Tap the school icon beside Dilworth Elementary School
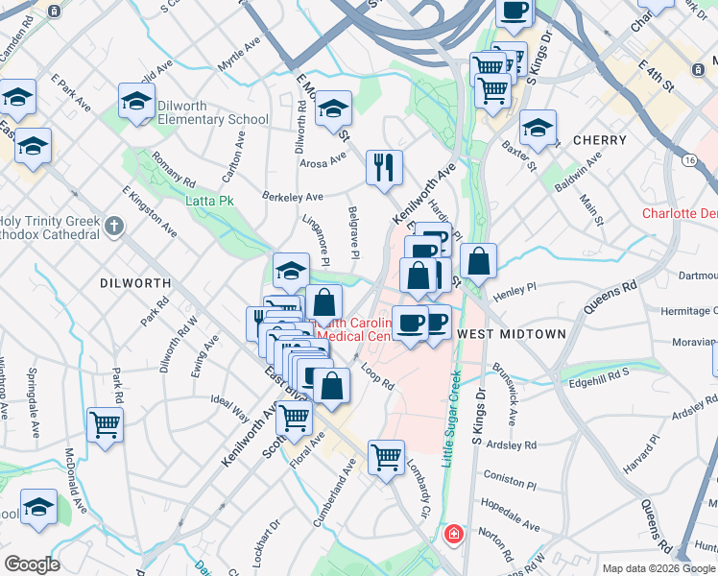pyautogui.click(x=137, y=102)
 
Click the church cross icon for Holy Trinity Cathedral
pyautogui.click(x=114, y=227)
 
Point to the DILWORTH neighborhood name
pyautogui.click(x=135, y=283)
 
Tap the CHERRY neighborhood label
pyautogui.click(x=599, y=140)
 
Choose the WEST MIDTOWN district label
pyautogui.click(x=510, y=333)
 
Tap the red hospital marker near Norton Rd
pyautogui.click(x=452, y=534)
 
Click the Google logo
pyautogui.click(x=32, y=564)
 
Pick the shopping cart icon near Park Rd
pyautogui.click(x=105, y=424)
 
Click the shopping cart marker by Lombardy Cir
pyautogui.click(x=386, y=457)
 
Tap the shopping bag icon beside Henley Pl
pyautogui.click(x=478, y=259)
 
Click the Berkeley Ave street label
pyautogui.click(x=293, y=196)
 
